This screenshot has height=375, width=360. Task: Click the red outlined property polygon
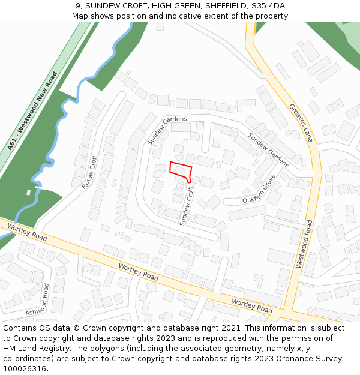(x=180, y=170)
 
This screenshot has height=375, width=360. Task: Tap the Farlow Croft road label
(x=89, y=172)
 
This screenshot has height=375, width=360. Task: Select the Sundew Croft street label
(x=187, y=205)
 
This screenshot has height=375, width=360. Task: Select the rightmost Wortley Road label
(x=252, y=306)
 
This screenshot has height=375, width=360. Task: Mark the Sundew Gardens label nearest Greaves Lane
(x=268, y=150)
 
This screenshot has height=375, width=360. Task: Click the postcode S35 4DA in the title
(x=268, y=6)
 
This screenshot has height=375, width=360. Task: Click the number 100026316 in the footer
(x=26, y=369)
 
